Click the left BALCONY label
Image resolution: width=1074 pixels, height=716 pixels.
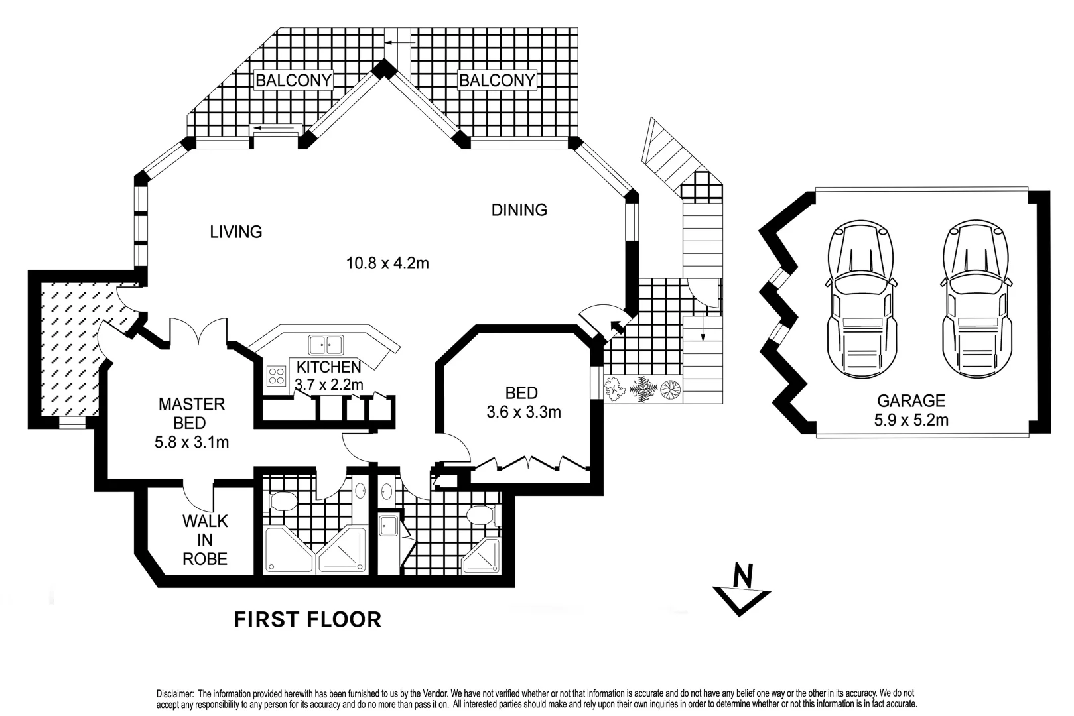(x=293, y=80)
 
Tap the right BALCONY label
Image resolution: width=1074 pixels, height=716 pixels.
(x=497, y=80)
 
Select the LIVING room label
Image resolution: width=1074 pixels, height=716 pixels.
(x=236, y=232)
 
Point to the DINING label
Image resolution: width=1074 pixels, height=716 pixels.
(x=519, y=210)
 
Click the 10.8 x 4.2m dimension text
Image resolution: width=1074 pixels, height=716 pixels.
(x=387, y=263)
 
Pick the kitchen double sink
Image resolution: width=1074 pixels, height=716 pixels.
(x=326, y=345)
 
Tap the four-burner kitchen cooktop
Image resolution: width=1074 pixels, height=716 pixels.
(x=276, y=376)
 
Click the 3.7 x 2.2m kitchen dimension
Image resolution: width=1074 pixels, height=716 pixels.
(x=329, y=385)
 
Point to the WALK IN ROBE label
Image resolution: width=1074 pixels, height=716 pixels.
(x=205, y=540)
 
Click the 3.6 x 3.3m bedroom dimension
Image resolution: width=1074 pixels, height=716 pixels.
(x=523, y=412)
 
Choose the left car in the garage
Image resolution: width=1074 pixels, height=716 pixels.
(x=862, y=300)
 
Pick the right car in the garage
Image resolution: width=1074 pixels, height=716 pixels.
(x=976, y=300)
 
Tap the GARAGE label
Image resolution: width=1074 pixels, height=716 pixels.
(x=911, y=400)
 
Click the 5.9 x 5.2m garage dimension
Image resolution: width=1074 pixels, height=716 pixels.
(x=911, y=420)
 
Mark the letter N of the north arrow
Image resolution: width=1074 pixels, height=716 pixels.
(x=744, y=575)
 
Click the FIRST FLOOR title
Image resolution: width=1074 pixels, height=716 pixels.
(x=307, y=619)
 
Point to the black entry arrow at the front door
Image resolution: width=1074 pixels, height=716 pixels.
(x=617, y=326)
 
